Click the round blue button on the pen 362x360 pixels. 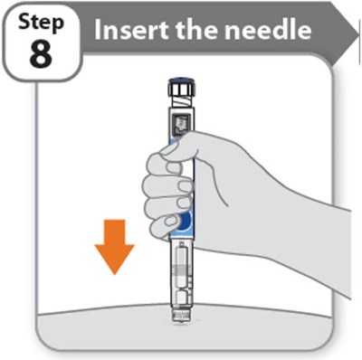coord(183,222)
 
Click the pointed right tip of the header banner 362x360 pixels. coord(348,29)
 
